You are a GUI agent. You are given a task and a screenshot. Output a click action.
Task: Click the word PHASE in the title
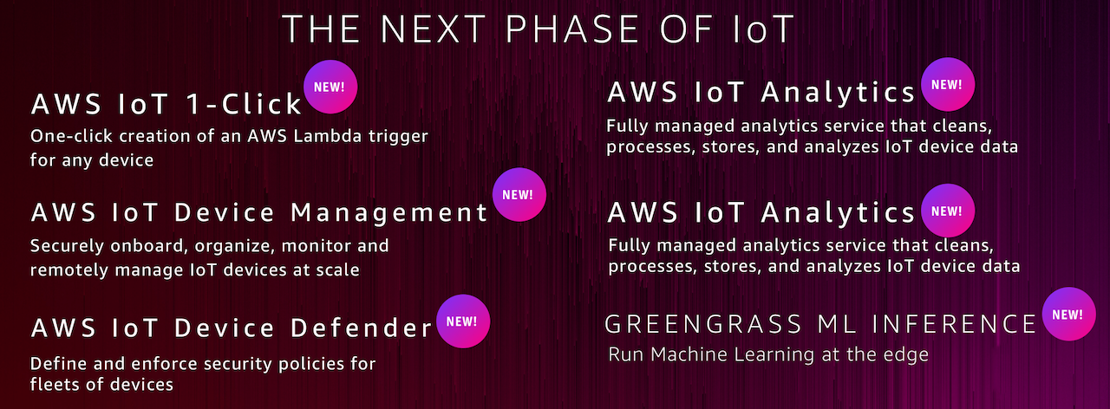[x=572, y=29]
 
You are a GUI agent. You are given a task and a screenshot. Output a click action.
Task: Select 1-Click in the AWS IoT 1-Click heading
[x=244, y=104]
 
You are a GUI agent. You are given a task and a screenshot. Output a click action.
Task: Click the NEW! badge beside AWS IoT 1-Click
[x=330, y=87]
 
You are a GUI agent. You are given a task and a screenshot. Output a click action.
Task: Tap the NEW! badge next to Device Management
[x=519, y=195]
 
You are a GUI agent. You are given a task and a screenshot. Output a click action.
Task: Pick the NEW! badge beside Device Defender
[x=463, y=321]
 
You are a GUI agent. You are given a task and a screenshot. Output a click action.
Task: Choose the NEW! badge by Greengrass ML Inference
[x=1069, y=314]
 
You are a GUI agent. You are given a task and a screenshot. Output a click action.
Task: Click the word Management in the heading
[x=389, y=213]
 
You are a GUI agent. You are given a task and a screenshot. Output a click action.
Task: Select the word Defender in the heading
[x=362, y=328]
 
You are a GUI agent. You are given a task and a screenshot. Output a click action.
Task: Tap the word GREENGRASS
[x=703, y=324]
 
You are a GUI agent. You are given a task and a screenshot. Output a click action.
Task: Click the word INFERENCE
[x=954, y=324]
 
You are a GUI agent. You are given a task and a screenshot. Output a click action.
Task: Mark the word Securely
[x=68, y=246]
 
